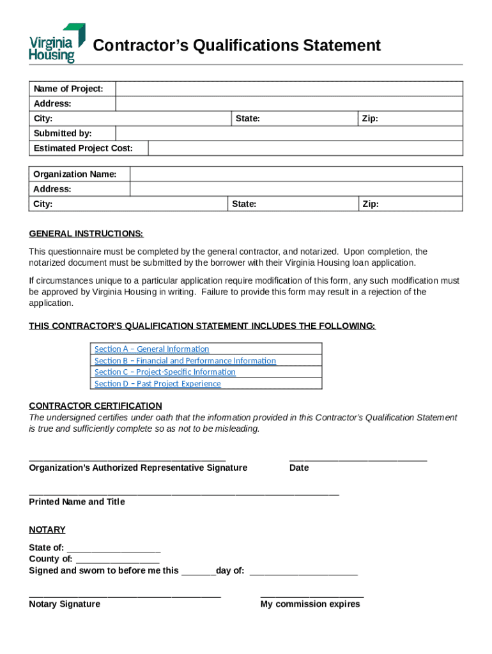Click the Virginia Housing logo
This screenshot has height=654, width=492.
(56, 43)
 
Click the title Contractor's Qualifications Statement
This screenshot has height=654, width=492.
(236, 45)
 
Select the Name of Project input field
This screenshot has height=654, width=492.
(289, 89)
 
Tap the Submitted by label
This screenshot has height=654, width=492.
(63, 133)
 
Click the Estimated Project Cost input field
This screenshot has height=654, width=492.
(305, 148)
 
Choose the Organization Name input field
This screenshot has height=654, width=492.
(296, 174)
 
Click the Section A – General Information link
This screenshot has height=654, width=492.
(151, 349)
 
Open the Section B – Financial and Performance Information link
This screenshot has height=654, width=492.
(185, 361)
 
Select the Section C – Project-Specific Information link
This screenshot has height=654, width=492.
(165, 372)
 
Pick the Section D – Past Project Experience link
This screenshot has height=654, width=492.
(157, 384)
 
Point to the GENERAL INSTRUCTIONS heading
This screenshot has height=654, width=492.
(86, 234)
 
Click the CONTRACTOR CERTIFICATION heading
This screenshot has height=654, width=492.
(95, 406)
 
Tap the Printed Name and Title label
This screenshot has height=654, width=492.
(77, 502)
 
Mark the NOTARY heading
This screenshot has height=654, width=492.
(47, 530)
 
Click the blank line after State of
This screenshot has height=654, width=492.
(113, 549)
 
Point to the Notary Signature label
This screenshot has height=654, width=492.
(65, 604)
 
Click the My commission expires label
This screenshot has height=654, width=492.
(310, 604)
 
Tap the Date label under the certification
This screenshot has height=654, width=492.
(298, 468)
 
